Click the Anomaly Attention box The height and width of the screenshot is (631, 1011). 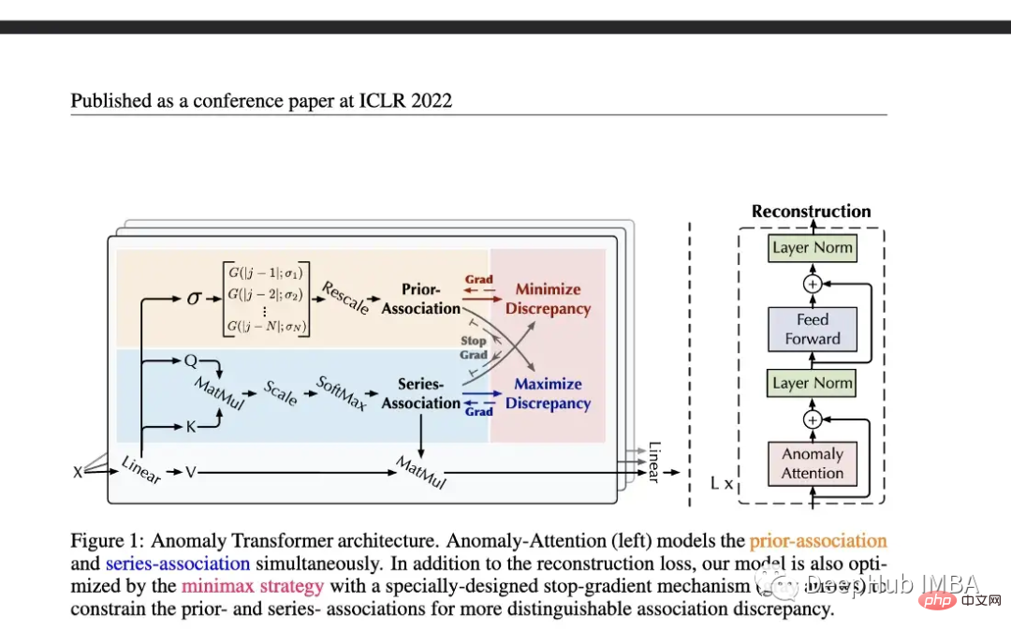(x=813, y=463)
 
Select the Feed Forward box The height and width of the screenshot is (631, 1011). (x=813, y=330)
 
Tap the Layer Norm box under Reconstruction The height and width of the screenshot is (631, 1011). (x=813, y=248)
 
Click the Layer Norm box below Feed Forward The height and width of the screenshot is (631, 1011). (x=813, y=382)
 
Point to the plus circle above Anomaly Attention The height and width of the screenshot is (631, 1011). (x=813, y=419)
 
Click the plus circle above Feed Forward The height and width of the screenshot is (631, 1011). (x=813, y=284)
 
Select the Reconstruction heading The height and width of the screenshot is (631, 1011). (x=811, y=212)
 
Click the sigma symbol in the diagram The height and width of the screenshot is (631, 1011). (x=195, y=299)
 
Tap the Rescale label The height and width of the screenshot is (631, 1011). (x=344, y=298)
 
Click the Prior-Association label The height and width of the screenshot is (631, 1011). (x=420, y=299)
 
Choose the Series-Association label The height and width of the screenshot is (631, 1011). (x=420, y=393)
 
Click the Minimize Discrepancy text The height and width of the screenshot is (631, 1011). (x=548, y=299)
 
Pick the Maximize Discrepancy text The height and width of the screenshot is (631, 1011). (x=548, y=393)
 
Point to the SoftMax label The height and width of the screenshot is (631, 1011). (x=341, y=394)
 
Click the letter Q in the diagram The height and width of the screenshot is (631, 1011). (x=190, y=360)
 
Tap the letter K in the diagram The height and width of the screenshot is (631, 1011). (x=191, y=427)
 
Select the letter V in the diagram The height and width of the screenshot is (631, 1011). (x=190, y=473)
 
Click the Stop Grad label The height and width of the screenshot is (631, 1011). (x=474, y=348)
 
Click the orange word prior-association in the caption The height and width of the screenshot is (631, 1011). (x=817, y=540)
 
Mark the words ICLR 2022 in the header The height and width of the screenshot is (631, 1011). (x=405, y=100)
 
